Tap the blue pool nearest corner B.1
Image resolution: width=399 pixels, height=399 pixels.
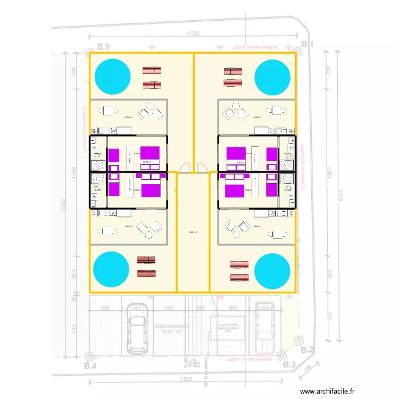(272, 78)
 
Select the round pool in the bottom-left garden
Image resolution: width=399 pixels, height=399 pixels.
(111, 270)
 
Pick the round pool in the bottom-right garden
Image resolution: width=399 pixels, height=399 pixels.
(272, 271)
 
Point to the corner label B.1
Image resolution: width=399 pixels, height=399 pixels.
(307, 44)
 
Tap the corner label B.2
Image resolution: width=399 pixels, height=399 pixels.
(307, 350)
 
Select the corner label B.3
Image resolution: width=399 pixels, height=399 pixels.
(289, 364)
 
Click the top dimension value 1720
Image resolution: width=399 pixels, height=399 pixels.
(193, 34)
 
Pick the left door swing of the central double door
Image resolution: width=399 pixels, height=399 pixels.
(185, 168)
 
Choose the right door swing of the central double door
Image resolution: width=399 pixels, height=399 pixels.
(203, 168)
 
